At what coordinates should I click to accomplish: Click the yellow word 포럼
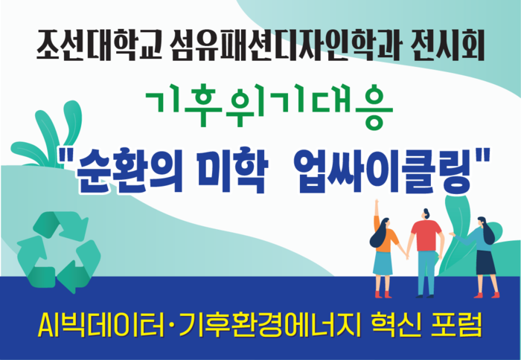(x=454, y=324)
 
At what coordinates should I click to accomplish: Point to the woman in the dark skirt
(x=482, y=249)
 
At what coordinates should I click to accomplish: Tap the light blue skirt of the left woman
(x=383, y=263)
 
